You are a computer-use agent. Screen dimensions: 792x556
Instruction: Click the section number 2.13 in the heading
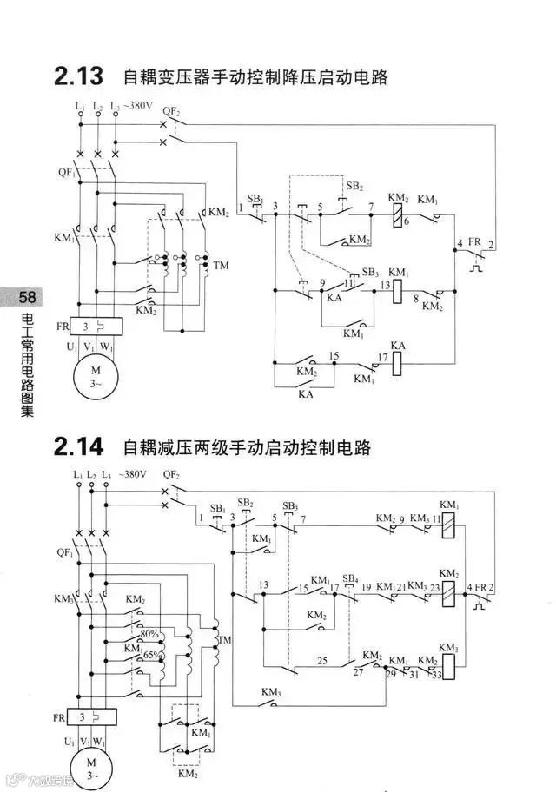pos(79,77)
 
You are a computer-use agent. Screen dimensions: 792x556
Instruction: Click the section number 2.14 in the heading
pos(79,447)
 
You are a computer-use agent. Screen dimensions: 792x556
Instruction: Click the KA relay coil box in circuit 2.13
pos(399,362)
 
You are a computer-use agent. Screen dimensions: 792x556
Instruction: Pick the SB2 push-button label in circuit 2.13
pos(354,186)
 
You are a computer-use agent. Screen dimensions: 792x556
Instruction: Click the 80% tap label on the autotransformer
pos(149,633)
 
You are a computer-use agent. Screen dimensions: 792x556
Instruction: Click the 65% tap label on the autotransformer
pos(152,655)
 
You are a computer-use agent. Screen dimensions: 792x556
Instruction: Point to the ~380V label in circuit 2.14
pos(130,475)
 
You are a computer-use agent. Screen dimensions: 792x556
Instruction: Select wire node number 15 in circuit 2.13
pos(334,356)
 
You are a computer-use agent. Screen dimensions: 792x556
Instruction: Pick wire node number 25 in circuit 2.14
pos(321,661)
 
